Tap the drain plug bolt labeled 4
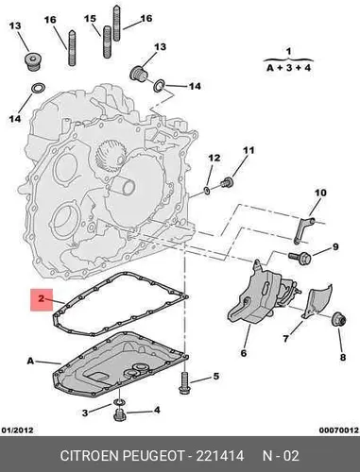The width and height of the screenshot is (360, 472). [x=119, y=415]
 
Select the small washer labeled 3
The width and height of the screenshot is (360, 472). [x=118, y=402]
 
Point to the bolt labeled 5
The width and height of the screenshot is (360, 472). [x=184, y=382]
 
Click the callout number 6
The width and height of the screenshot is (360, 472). [x=244, y=353]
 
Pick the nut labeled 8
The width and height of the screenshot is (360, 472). [x=339, y=319]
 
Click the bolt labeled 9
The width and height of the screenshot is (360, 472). [x=300, y=258]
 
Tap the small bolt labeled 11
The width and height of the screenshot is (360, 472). [x=227, y=181]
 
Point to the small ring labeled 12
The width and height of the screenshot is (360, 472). [x=207, y=190]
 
